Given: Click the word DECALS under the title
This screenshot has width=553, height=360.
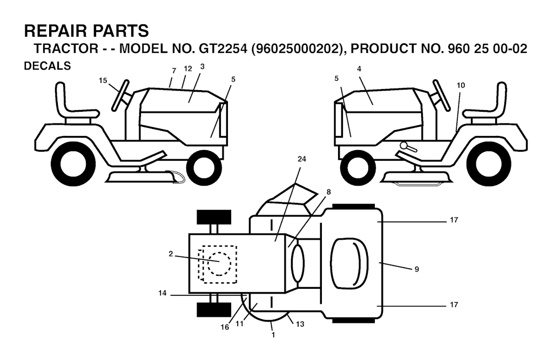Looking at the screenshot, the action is click(x=48, y=66).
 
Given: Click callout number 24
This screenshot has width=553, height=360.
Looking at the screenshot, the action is click(x=301, y=159).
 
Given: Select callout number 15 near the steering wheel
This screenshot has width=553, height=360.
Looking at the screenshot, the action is click(x=103, y=81).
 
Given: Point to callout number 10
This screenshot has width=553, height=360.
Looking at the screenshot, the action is click(x=461, y=85).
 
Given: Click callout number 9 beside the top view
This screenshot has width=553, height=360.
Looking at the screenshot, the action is click(x=416, y=269).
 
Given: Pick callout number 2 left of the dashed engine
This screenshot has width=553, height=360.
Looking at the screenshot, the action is click(x=171, y=254).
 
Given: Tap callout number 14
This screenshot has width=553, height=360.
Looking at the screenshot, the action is click(x=162, y=293).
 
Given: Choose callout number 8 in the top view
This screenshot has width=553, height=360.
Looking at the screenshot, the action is click(x=329, y=192).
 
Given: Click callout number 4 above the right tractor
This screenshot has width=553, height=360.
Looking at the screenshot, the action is click(x=359, y=69).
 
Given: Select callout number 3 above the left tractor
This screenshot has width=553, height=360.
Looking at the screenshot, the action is click(x=202, y=66).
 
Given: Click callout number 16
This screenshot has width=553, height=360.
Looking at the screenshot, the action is click(x=225, y=327).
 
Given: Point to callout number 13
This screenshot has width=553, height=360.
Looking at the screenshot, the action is click(x=300, y=324).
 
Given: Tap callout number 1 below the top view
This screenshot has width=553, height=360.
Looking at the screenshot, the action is click(x=273, y=335).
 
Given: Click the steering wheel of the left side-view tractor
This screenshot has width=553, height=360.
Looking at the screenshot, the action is click(x=120, y=95).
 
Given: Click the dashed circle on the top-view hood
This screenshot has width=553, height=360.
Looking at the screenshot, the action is click(x=219, y=264).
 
